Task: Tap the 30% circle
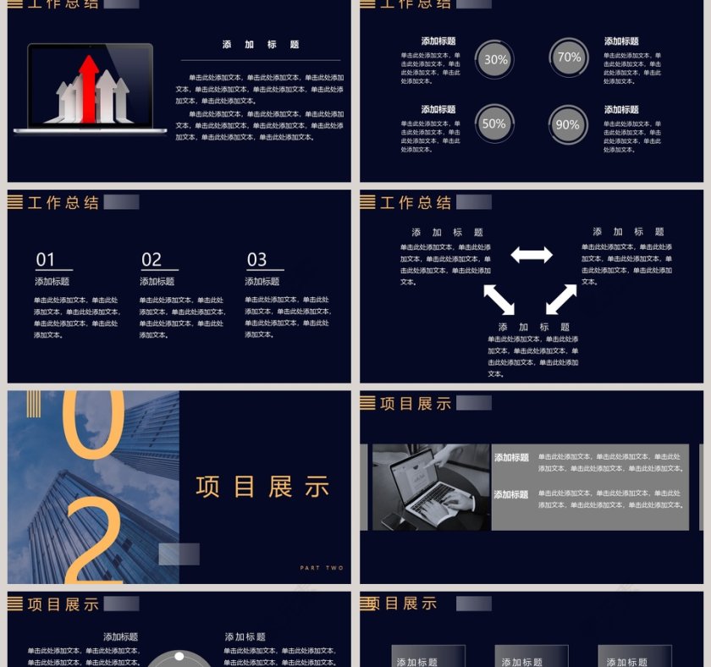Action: tap(495, 60)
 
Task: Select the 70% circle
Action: tap(569, 58)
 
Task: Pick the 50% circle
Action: tap(493, 124)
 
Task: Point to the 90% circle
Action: tap(567, 124)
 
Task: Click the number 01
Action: tap(46, 260)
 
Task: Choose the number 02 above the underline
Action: tap(152, 260)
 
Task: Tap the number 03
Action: tap(256, 260)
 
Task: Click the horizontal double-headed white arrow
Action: tap(532, 255)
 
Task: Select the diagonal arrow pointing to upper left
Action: tap(499, 299)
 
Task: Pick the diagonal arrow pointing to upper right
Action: tap(561, 299)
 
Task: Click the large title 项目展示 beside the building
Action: tap(263, 487)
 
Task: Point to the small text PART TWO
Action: tap(322, 568)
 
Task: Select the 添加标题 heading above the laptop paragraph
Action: tap(261, 44)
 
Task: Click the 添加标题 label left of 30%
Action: tap(438, 41)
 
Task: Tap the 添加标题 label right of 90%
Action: tap(621, 109)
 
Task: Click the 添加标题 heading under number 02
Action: tap(157, 281)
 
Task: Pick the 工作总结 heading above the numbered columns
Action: tap(63, 203)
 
